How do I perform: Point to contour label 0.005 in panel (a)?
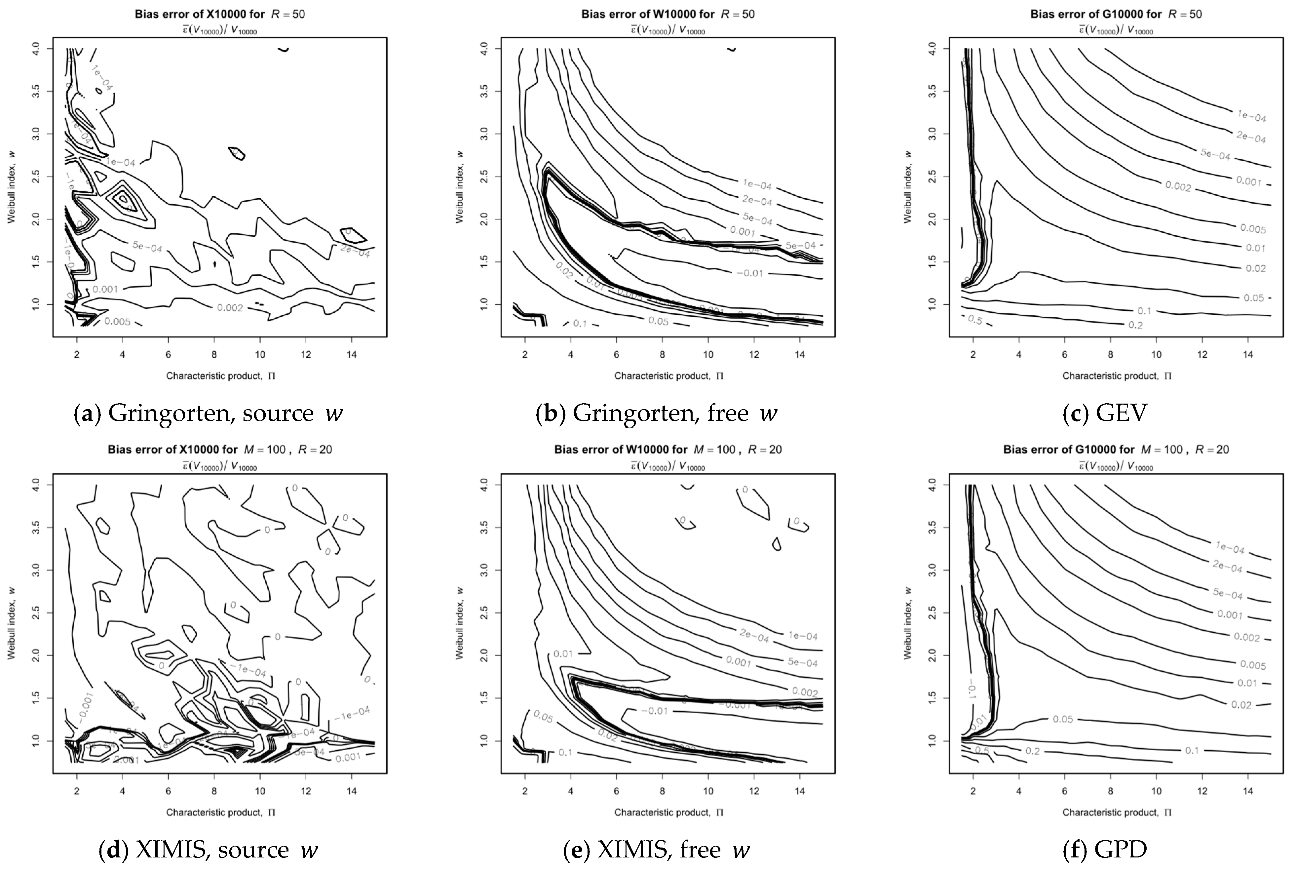coord(117,321)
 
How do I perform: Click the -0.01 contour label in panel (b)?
coord(750,273)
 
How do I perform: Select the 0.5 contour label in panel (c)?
coord(975,320)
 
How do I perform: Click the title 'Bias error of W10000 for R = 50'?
coord(668,14)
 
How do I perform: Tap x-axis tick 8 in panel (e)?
coord(662,791)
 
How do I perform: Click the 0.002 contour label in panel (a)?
coord(230,307)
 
